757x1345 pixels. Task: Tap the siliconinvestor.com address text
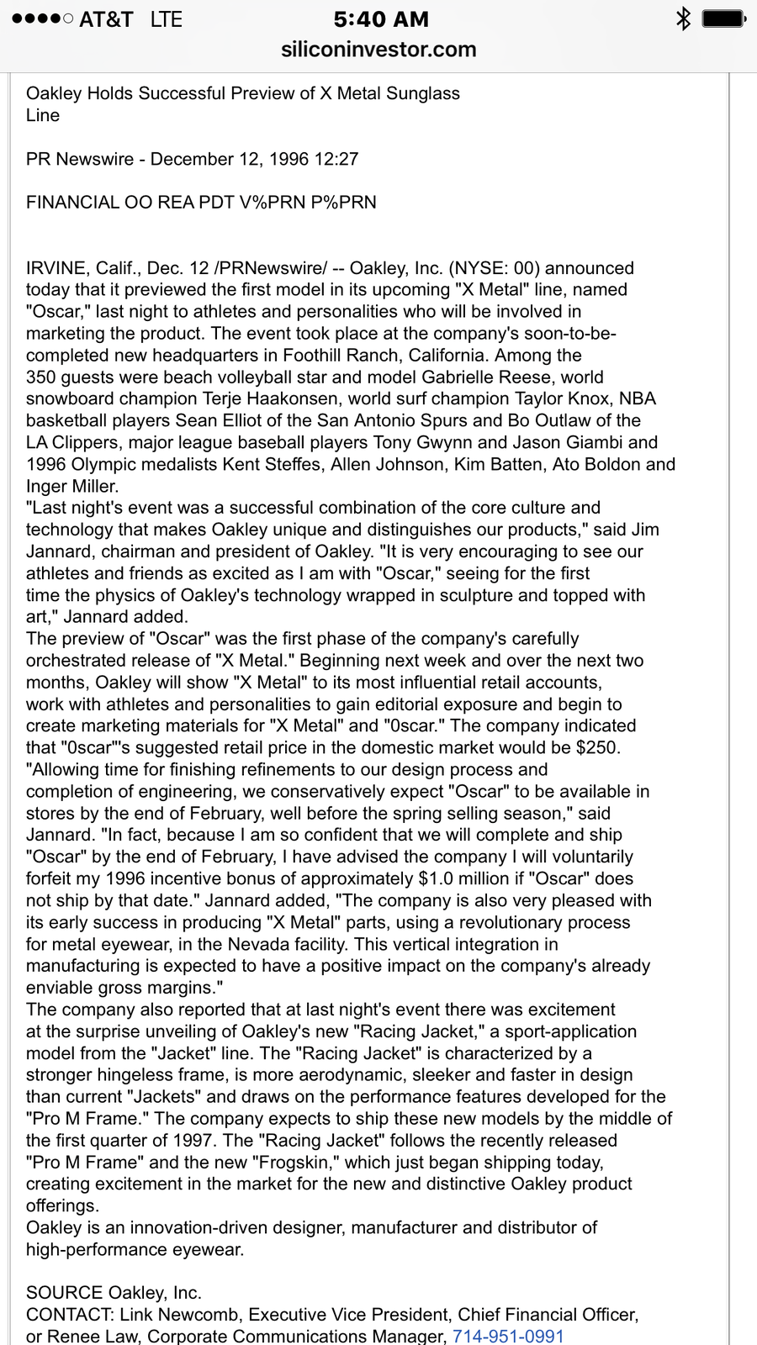tap(378, 50)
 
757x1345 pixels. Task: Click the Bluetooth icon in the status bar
tap(683, 18)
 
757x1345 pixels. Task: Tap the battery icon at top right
tap(723, 18)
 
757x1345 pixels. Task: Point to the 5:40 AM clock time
tap(381, 18)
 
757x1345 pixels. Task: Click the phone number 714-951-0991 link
tap(508, 1336)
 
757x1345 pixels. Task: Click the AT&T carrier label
tap(106, 18)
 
